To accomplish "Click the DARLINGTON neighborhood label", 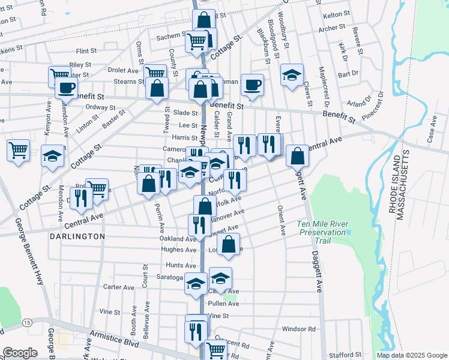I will (x=74, y=236).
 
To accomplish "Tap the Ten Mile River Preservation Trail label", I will (x=322, y=232).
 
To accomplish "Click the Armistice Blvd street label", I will (x=114, y=340).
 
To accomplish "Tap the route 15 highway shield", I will (x=27, y=323).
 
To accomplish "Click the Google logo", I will (x=20, y=353).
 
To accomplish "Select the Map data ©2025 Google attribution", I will (x=411, y=355).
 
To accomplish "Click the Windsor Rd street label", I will (x=298, y=329).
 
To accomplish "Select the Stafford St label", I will (x=345, y=355).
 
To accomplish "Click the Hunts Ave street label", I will (x=182, y=265).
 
